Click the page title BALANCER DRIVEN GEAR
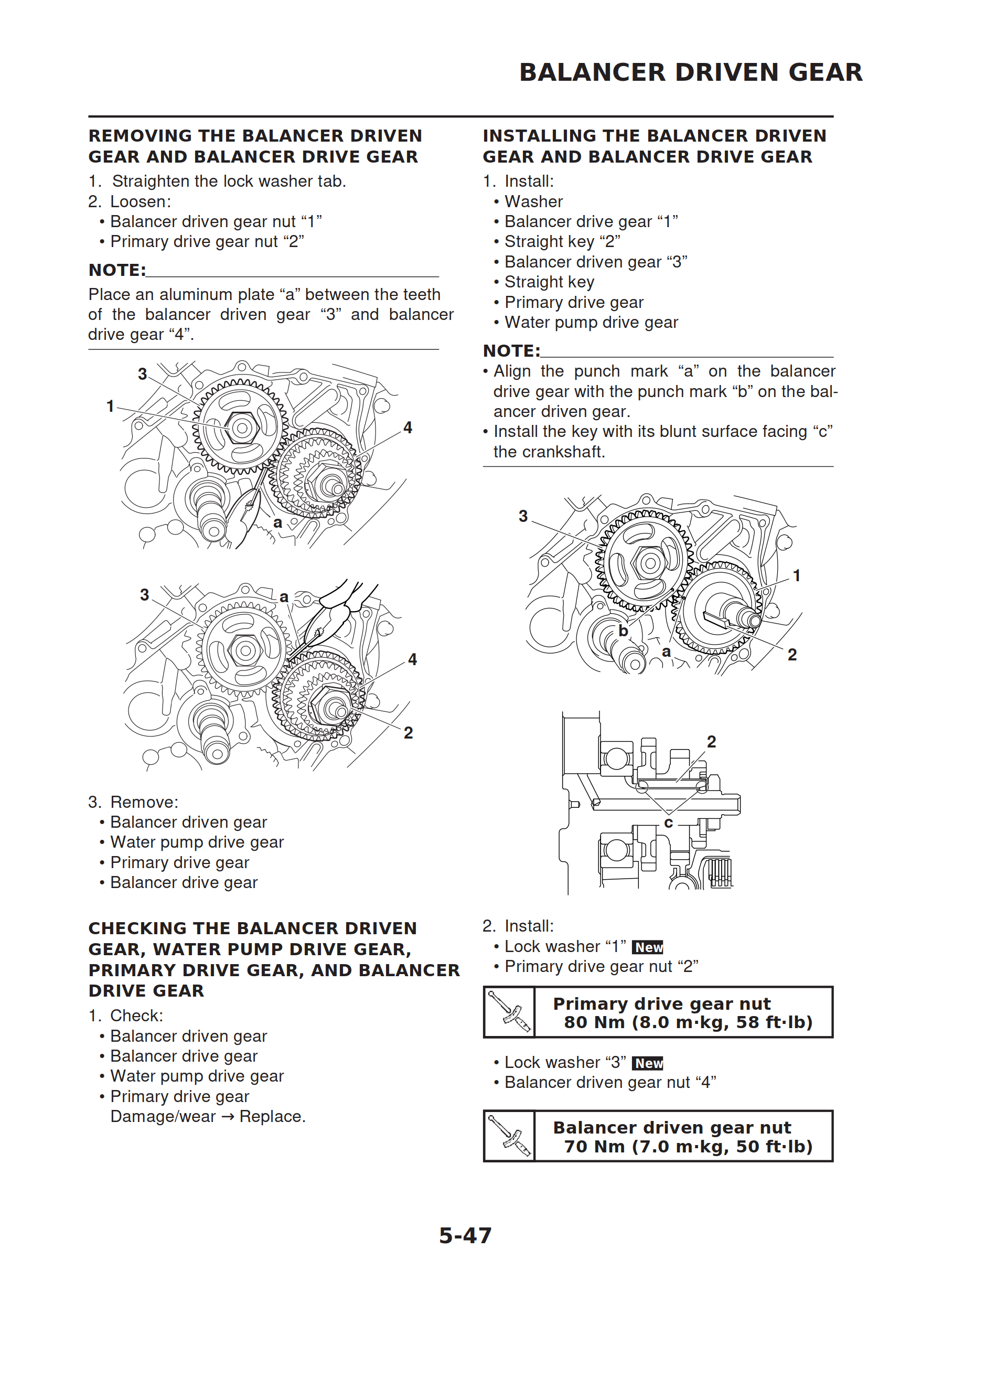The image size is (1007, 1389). click(690, 72)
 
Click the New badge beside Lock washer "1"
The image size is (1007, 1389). click(647, 947)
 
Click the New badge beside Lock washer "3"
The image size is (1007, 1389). click(647, 1063)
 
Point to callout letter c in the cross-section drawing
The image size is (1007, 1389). click(668, 822)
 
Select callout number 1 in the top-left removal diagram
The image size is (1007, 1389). click(110, 406)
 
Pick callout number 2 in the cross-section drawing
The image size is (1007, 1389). click(711, 742)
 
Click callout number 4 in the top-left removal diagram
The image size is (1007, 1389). click(408, 428)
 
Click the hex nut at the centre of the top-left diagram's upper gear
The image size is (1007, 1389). click(241, 428)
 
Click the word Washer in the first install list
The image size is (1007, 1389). click(533, 201)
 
